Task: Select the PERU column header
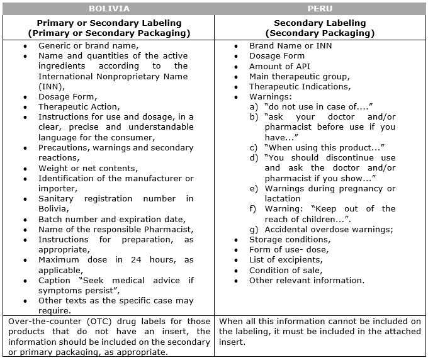(x=320, y=9)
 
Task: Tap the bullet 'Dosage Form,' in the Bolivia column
(x=67, y=97)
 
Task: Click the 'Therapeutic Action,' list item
(x=79, y=107)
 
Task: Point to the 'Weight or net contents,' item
(x=87, y=168)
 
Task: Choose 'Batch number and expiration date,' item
(x=111, y=219)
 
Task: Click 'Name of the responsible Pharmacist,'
(x=116, y=229)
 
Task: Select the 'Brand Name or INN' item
(x=290, y=46)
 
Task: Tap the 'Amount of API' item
(x=279, y=66)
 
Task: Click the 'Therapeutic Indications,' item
(x=300, y=87)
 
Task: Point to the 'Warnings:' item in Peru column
(x=271, y=97)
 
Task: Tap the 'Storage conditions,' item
(x=288, y=239)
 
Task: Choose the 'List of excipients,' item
(x=286, y=260)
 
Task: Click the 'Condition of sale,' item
(x=285, y=270)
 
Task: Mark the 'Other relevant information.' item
(x=307, y=280)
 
